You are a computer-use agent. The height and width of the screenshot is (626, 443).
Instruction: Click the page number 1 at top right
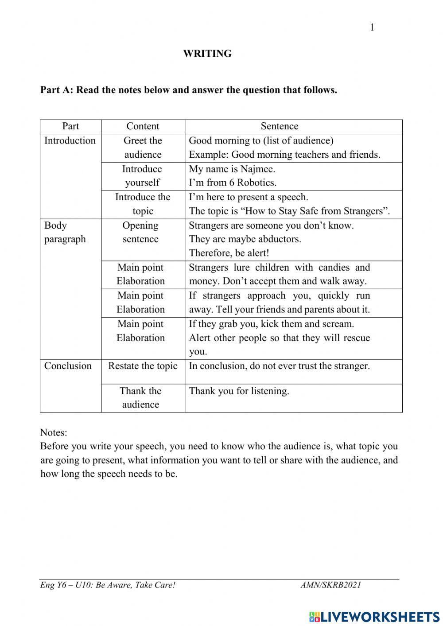pyautogui.click(x=372, y=27)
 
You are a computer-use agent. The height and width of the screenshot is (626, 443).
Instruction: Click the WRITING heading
pyautogui.click(x=207, y=54)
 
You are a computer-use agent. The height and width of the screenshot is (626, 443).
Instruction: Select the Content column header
pyautogui.click(x=143, y=126)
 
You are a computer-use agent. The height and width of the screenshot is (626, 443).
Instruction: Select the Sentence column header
pyautogui.click(x=279, y=126)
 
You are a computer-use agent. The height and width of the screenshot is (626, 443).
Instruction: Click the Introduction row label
pyautogui.click(x=70, y=140)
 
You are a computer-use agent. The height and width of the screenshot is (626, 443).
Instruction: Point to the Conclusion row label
pyautogui.click(x=68, y=366)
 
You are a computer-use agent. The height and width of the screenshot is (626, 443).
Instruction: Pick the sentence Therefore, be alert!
pyautogui.click(x=229, y=253)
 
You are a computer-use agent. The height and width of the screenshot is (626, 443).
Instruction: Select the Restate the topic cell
pyautogui.click(x=143, y=366)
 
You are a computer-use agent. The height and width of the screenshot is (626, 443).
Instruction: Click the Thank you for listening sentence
pyautogui.click(x=239, y=391)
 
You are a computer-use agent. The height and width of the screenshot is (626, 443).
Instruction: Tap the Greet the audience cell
pyautogui.click(x=143, y=148)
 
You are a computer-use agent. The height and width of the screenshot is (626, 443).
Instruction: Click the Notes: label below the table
pyautogui.click(x=54, y=432)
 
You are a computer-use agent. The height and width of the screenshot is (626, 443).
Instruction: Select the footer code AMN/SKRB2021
pyautogui.click(x=330, y=585)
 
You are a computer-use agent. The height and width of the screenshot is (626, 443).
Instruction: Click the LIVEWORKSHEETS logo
pyautogui.click(x=374, y=616)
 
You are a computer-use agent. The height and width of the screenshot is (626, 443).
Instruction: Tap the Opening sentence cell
pyautogui.click(x=140, y=232)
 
